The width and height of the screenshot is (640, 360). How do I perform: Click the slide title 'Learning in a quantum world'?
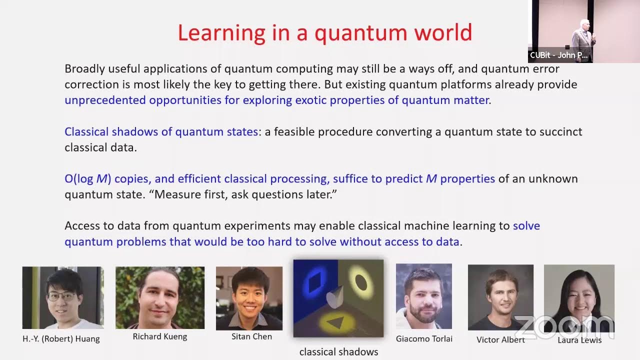324,33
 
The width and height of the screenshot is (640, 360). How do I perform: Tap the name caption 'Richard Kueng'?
160,336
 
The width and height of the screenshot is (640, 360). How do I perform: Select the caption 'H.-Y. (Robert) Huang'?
61,339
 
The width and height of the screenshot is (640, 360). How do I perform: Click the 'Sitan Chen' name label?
251,336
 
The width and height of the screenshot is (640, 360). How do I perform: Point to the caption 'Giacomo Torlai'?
424,339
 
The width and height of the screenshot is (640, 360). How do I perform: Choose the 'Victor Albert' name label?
500,340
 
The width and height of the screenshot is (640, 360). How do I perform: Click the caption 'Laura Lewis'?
579,340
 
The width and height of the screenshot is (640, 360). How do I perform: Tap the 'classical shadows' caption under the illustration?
338,352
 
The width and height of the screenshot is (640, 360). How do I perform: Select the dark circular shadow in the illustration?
361,282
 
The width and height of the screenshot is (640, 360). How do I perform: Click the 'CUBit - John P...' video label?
559,55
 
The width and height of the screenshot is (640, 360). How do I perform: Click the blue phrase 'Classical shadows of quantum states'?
161,132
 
